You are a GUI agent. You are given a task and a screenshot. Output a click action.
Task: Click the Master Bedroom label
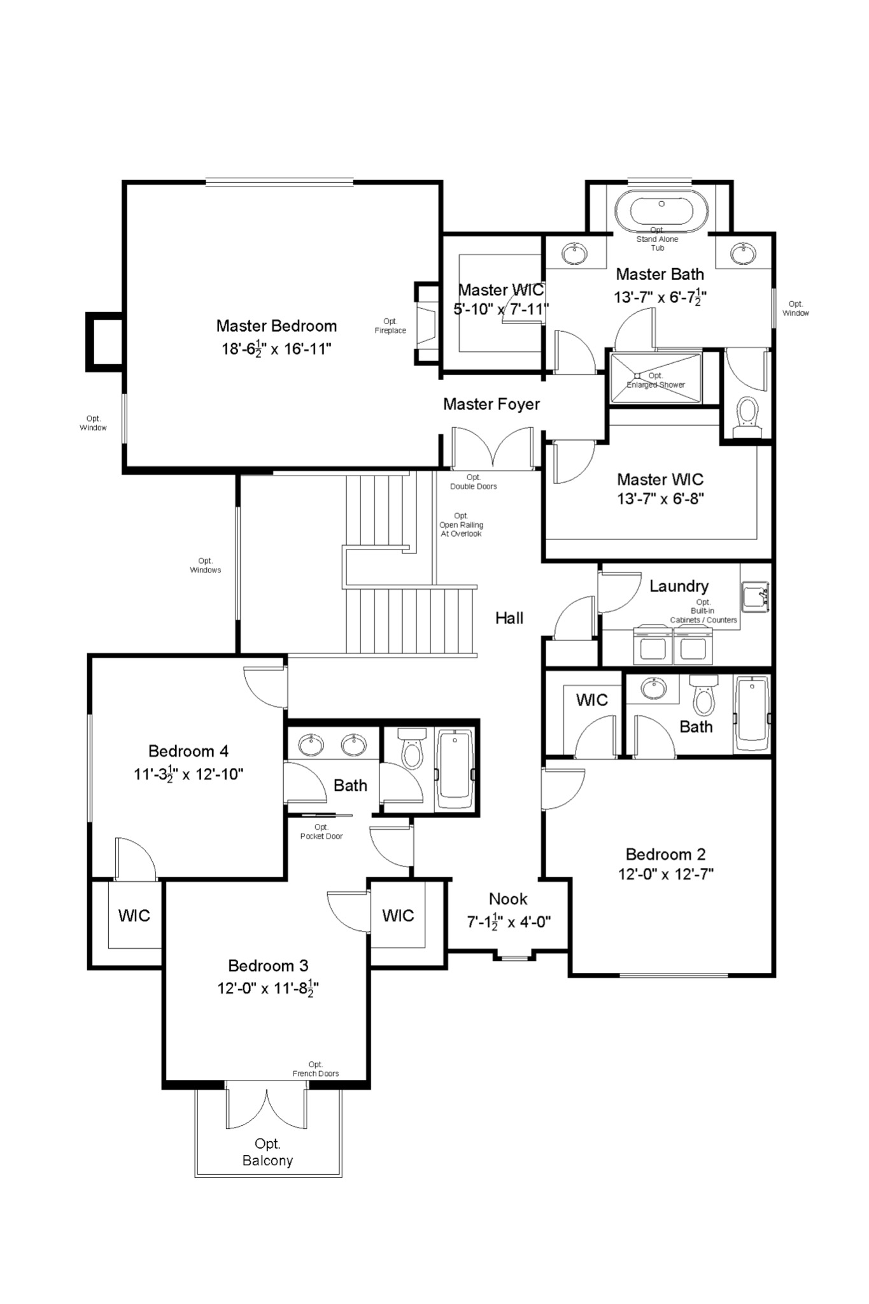(x=276, y=326)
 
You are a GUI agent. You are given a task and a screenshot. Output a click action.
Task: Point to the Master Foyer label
(x=491, y=404)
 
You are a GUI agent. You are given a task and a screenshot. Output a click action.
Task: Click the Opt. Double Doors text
(x=473, y=482)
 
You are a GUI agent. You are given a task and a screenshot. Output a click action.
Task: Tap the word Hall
(x=509, y=618)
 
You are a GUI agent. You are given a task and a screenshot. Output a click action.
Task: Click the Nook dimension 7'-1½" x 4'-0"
(x=509, y=921)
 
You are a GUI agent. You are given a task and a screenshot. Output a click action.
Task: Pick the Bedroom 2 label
(x=665, y=854)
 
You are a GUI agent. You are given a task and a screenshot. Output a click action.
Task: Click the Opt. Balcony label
(x=267, y=1152)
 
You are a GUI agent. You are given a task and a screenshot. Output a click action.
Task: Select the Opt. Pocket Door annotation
(x=321, y=832)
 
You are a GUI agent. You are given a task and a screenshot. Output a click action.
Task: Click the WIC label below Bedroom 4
(x=134, y=916)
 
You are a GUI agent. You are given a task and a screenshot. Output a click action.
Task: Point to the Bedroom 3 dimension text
(x=267, y=989)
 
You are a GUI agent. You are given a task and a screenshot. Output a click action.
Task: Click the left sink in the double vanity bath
(x=311, y=744)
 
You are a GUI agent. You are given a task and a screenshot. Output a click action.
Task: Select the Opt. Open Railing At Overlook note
(x=461, y=525)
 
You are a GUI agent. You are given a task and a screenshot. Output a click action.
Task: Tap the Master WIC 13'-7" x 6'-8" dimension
(x=660, y=499)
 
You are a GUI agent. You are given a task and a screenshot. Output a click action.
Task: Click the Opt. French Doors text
(x=315, y=1069)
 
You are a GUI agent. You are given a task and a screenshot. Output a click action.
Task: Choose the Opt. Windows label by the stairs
(x=205, y=565)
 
